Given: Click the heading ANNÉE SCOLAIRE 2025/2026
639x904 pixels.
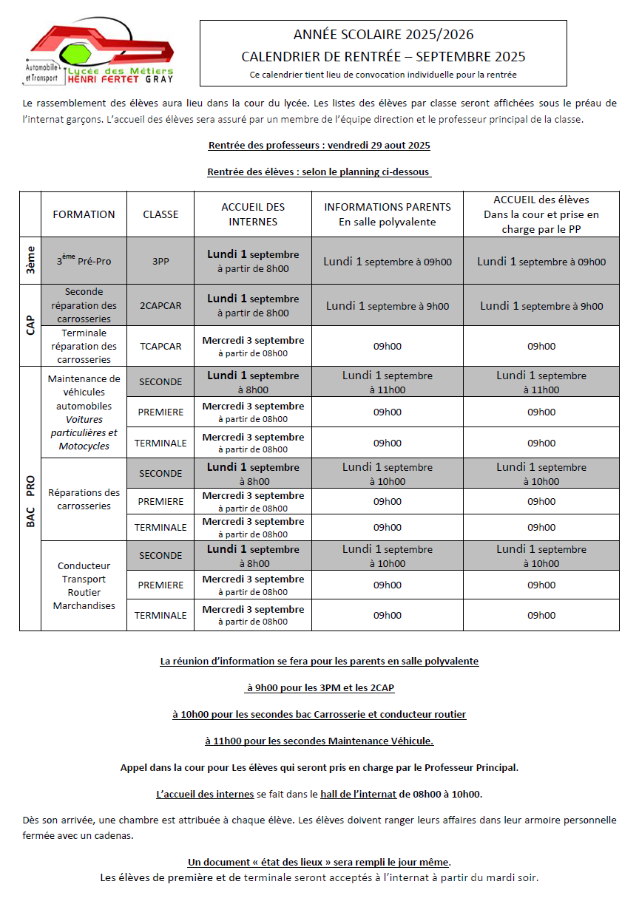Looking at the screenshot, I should pyautogui.click(x=383, y=35).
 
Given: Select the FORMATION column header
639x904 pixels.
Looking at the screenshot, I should pyautogui.click(x=84, y=214).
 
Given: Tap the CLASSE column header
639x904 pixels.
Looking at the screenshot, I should pyautogui.click(x=160, y=214).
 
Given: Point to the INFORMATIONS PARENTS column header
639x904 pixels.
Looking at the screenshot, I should pyautogui.click(x=388, y=214).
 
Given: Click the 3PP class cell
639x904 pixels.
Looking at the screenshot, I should pyautogui.click(x=160, y=262).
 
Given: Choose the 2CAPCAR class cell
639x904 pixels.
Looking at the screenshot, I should pyautogui.click(x=160, y=305).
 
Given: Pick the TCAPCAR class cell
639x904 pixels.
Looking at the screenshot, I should pyautogui.click(x=160, y=346).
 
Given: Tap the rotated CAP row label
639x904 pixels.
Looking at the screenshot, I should pyautogui.click(x=30, y=325).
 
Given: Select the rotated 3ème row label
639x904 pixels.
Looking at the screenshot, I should pyautogui.click(x=30, y=261).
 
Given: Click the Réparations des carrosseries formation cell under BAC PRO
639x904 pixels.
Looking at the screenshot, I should pyautogui.click(x=84, y=500).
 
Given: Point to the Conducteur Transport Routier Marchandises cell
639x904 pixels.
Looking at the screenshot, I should pyautogui.click(x=84, y=585).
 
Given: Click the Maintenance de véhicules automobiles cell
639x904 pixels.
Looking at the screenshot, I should pyautogui.click(x=84, y=412).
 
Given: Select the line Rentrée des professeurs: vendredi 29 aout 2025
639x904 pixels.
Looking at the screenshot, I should pyautogui.click(x=319, y=146).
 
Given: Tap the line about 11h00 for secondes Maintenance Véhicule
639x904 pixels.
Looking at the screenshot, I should pyautogui.click(x=319, y=741).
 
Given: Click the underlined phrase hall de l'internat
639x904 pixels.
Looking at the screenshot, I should pyautogui.click(x=358, y=795).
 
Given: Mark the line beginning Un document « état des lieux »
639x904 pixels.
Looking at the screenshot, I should pyautogui.click(x=319, y=862).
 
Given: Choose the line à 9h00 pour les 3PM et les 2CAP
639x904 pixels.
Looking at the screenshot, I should pyautogui.click(x=319, y=687).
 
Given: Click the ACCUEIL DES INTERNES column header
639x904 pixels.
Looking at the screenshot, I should pyautogui.click(x=253, y=214).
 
